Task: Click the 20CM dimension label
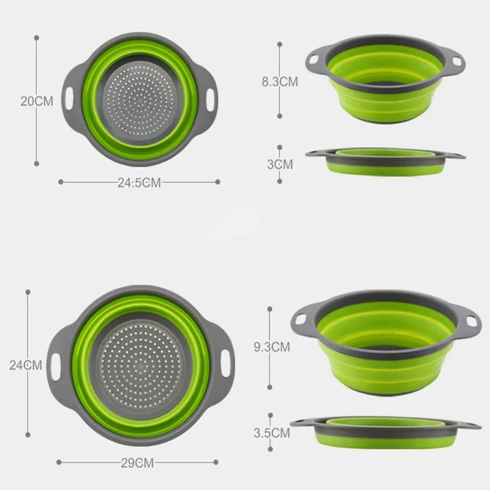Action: (x=37, y=101)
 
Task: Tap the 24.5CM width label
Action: (x=139, y=183)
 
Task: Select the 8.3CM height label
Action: (x=280, y=81)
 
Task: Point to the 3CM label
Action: (x=280, y=164)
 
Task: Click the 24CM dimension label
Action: (x=26, y=365)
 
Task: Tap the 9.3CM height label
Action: (x=272, y=347)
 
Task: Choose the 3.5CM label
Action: (x=272, y=433)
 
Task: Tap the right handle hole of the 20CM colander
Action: (x=212, y=97)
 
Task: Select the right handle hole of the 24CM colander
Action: (x=227, y=366)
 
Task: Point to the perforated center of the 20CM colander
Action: (x=141, y=98)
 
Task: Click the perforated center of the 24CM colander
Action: (x=141, y=366)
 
